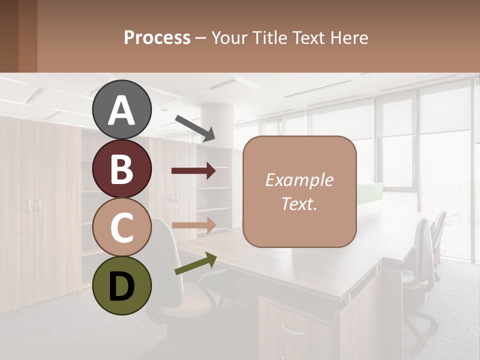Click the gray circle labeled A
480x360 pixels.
pyautogui.click(x=122, y=109)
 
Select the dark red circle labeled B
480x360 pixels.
pyautogui.click(x=122, y=168)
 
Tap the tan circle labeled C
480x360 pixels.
pyautogui.click(x=122, y=227)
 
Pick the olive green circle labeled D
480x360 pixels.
pyautogui.click(x=122, y=285)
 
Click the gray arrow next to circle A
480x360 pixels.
pyautogui.click(x=195, y=128)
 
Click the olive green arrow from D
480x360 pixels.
pyautogui.click(x=195, y=264)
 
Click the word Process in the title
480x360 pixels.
pyautogui.click(x=157, y=37)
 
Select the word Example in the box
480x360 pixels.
pyautogui.click(x=299, y=180)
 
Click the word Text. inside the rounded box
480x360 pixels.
pyautogui.click(x=299, y=203)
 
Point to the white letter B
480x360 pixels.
pyautogui.click(x=122, y=169)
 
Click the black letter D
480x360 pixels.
pyautogui.click(x=122, y=286)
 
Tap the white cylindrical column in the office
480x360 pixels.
pyautogui.click(x=217, y=125)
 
